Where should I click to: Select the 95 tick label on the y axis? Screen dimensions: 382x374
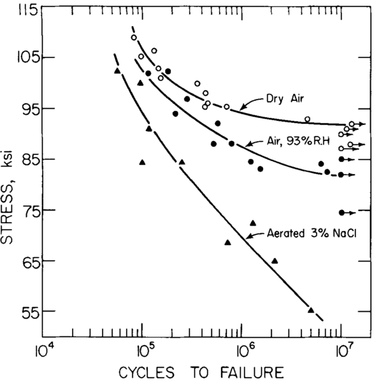(x=22, y=108)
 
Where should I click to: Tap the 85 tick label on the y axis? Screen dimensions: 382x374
(x=22, y=159)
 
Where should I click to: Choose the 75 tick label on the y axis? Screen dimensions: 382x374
(x=22, y=210)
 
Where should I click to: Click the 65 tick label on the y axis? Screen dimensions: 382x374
(x=22, y=261)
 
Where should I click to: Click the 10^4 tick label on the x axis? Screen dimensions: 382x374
(x=43, y=349)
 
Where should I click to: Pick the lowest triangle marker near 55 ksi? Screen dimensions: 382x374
(x=311, y=309)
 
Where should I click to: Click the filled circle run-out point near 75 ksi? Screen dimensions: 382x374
(x=342, y=212)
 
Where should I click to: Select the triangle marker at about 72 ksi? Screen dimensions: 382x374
(x=253, y=223)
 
